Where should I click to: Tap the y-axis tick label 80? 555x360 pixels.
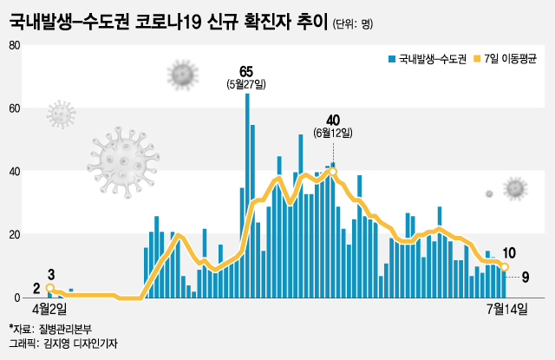pos(15,44)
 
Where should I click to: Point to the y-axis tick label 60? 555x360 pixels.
pos(15,108)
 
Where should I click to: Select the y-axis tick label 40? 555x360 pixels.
pos(15,172)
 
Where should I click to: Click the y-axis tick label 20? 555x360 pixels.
pos(15,235)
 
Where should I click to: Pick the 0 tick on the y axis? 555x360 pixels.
pos(17,298)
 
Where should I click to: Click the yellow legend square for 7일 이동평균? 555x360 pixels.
pos(475,59)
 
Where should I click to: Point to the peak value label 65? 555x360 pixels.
pos(247,70)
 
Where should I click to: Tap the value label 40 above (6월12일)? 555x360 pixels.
pos(333,120)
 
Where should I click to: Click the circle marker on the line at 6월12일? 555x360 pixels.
pos(333,171)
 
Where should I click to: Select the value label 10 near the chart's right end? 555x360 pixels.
pos(510,253)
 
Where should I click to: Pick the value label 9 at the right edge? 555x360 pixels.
pos(526,277)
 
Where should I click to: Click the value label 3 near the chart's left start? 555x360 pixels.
pos(51,274)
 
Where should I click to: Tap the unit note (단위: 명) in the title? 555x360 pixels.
pos(354,23)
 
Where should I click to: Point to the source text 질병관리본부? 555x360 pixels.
pos(67,329)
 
